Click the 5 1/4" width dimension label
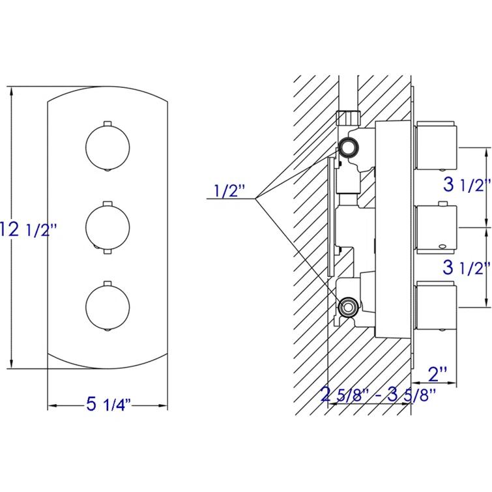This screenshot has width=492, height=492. coord(109,405)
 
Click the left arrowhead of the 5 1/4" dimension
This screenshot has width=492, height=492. coord(51,405)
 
